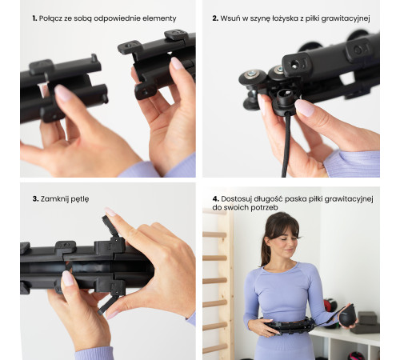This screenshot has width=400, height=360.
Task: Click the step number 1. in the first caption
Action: (34, 18)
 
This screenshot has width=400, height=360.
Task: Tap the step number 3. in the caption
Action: (35, 199)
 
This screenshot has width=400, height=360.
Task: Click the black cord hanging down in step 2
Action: (286, 146)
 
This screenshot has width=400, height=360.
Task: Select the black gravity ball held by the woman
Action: (347, 315)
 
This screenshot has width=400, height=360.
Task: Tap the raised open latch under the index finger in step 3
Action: (110, 226)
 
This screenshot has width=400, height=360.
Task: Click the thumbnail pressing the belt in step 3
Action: (68, 278)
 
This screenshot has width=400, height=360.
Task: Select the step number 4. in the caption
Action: (215, 199)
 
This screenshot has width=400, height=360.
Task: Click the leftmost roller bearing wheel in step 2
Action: (252, 78)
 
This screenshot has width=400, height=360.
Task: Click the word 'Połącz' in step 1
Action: (50, 18)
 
